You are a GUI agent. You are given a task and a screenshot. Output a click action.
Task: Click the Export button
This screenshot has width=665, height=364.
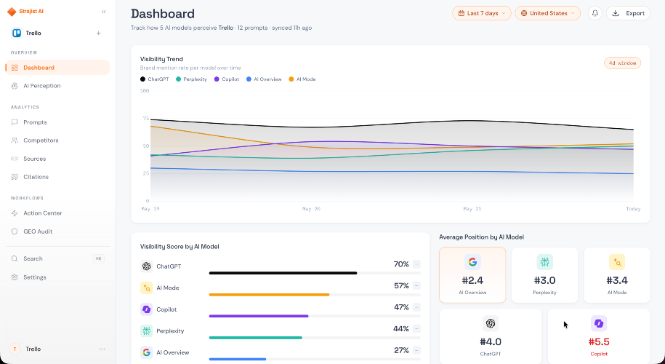(x=628, y=13)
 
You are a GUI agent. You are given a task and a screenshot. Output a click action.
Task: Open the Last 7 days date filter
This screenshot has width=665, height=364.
(x=482, y=13)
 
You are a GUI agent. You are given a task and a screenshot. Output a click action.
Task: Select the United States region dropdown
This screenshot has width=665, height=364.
(x=547, y=13)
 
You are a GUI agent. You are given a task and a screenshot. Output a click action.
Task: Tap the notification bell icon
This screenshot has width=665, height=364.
(x=595, y=13)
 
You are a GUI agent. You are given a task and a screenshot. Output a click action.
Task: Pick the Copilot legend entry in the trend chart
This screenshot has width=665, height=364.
(x=227, y=79)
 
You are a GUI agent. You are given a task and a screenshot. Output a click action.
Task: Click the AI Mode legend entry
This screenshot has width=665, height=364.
(x=302, y=79)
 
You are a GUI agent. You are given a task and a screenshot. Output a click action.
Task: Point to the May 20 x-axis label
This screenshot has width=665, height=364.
(x=311, y=209)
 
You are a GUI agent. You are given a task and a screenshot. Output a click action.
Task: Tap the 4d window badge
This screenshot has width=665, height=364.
(x=622, y=63)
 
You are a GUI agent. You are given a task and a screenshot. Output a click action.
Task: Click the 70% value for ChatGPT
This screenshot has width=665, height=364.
(x=401, y=264)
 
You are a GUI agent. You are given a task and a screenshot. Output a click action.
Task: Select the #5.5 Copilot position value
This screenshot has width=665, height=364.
(x=599, y=342)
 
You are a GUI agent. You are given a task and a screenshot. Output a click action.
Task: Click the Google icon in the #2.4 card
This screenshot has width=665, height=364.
(x=472, y=263)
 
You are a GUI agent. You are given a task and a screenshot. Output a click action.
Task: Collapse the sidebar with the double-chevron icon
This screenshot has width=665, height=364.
(x=103, y=12)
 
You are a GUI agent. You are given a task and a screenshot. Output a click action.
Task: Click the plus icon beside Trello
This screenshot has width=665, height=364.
(x=98, y=33)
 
